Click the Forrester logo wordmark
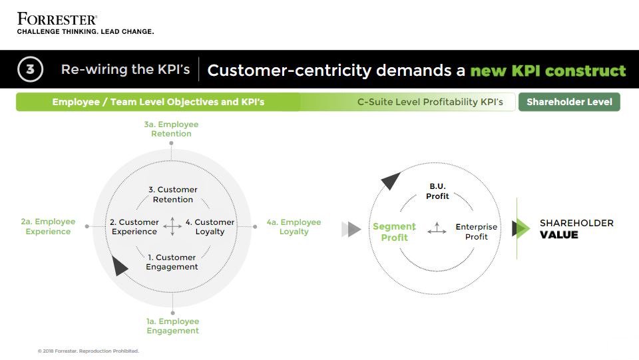point(57,18)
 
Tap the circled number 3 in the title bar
point(30,69)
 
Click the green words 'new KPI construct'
point(548,71)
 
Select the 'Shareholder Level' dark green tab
point(569,102)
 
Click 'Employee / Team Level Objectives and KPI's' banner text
point(158,102)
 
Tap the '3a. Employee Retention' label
point(171,129)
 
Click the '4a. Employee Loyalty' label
point(294,227)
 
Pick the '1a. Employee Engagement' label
point(172,326)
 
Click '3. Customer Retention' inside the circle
point(173,194)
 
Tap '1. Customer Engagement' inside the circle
point(172,262)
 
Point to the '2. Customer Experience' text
point(134,227)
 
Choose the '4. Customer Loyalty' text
point(210,227)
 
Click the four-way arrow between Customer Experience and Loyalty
point(172,226)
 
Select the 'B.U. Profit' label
point(437,192)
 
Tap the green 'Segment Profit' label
point(394,232)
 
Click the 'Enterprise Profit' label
point(477,232)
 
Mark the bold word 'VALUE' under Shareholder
point(558,235)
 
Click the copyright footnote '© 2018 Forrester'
point(89,351)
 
